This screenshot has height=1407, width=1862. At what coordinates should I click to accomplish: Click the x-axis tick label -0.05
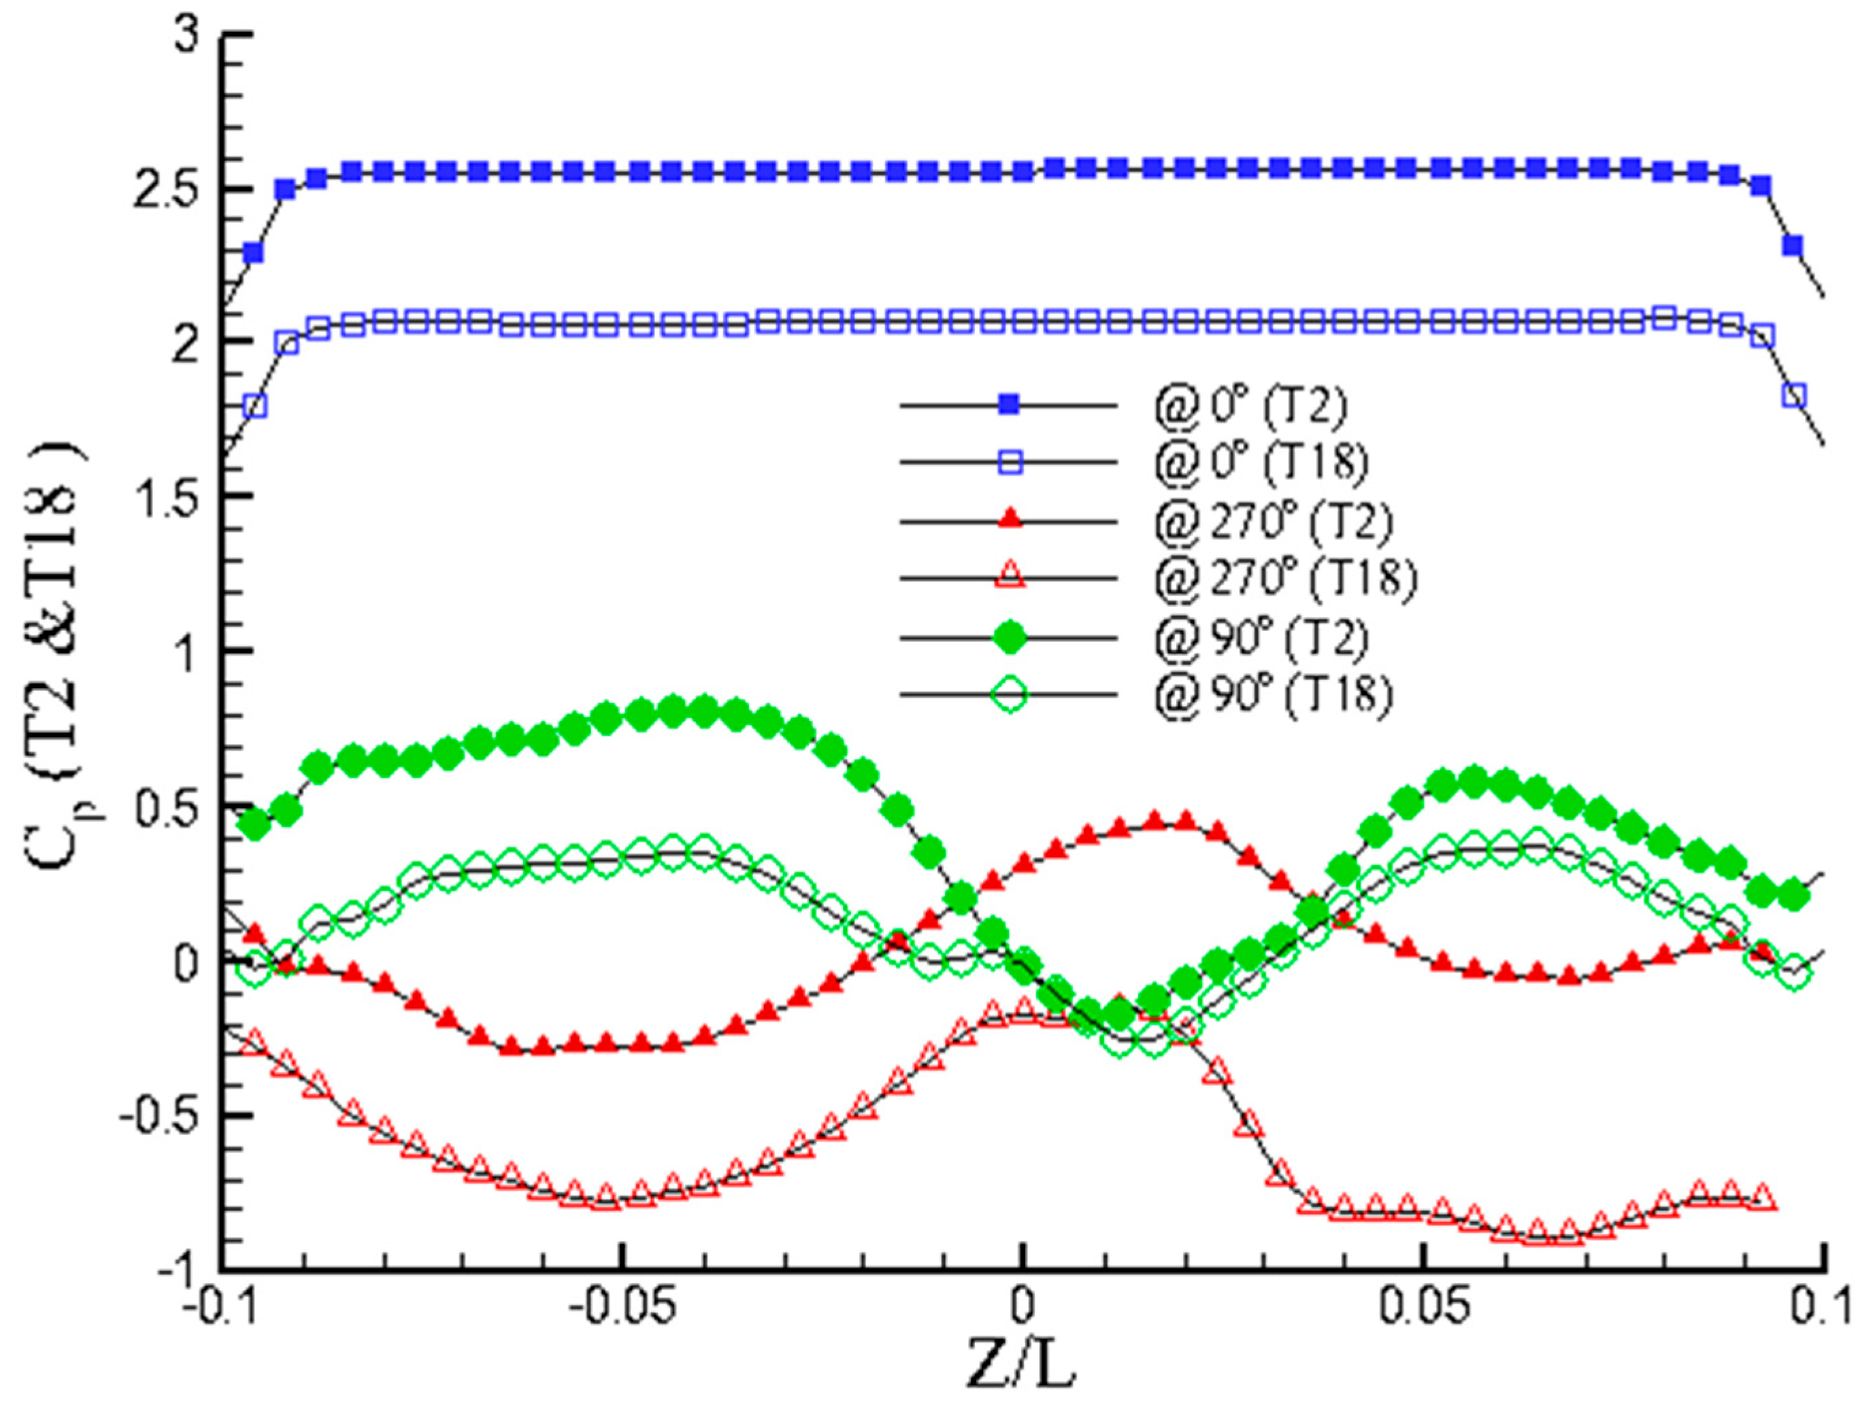621,1309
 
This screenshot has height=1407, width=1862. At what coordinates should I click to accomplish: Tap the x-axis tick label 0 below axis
1022,1309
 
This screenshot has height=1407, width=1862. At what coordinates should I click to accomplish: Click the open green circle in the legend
1010,695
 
